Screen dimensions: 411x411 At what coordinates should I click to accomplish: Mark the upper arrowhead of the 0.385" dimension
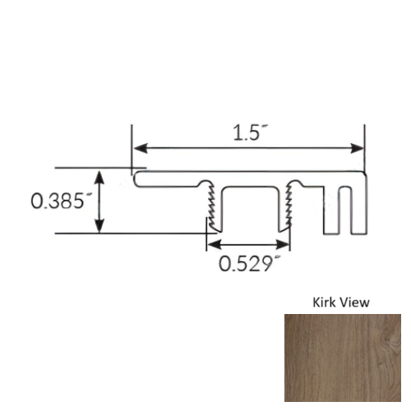point(101,176)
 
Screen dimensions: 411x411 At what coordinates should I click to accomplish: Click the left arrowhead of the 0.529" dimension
point(211,245)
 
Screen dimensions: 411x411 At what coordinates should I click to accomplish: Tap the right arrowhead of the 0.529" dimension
point(284,245)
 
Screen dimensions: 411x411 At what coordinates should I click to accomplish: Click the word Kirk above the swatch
point(325,302)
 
